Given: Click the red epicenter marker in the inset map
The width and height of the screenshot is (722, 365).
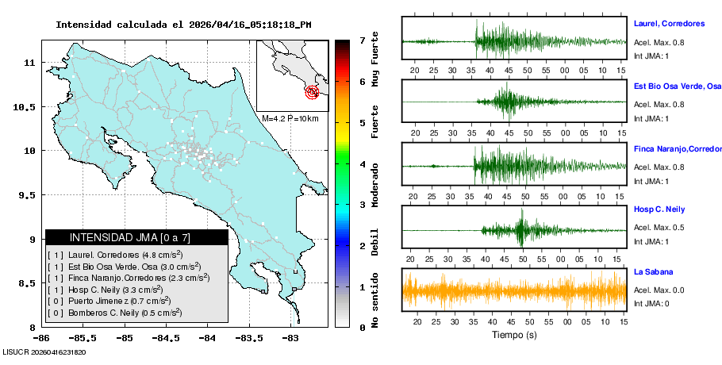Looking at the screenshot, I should [313, 93].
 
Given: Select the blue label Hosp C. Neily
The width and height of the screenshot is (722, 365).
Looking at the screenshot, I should [659, 209].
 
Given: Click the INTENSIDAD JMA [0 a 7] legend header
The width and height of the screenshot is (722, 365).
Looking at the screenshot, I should [136, 237].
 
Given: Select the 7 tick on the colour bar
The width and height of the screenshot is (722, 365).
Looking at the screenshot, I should [362, 40].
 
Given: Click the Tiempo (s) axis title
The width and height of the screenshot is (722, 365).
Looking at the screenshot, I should [514, 335].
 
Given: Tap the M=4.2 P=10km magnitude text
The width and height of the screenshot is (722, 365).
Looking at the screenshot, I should [290, 118].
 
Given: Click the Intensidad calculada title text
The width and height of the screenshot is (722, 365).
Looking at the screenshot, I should [183, 25].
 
